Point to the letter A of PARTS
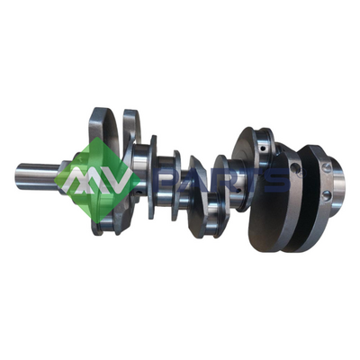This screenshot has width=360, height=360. click(x=197, y=181)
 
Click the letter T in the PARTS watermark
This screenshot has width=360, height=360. click(x=251, y=181)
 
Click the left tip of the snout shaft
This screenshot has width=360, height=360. click(x=18, y=177)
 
